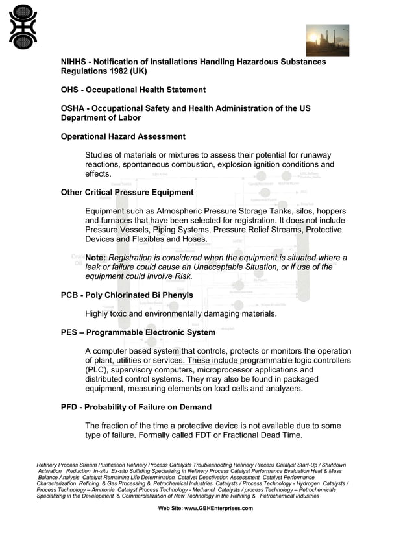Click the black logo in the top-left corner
click(23, 27)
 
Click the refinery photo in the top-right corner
click(328, 40)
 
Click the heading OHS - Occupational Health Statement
click(133, 90)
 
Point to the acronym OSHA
click(73, 108)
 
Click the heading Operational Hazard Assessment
click(123, 136)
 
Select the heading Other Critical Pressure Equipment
click(127, 192)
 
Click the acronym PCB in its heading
click(69, 295)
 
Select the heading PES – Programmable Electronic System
click(138, 332)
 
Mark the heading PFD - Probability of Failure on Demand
click(136, 407)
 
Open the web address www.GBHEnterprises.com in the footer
click(219, 508)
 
